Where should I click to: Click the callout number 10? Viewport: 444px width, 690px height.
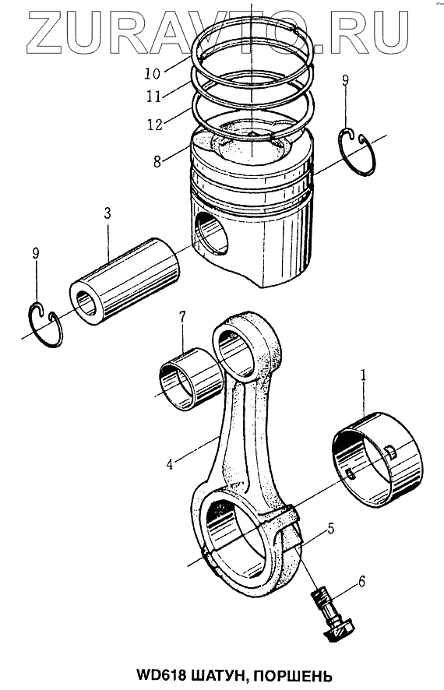153,73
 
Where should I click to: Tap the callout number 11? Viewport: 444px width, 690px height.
154,96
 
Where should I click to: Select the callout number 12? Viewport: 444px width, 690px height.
154,124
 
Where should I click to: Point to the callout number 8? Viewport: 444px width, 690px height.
157,161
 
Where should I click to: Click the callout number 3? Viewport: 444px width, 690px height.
107,214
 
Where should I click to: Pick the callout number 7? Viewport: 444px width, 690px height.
182,317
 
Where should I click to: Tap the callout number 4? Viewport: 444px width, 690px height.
170,463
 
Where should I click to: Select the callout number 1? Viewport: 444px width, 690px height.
364,375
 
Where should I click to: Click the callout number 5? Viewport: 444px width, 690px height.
330,529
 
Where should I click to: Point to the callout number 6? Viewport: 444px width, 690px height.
361,581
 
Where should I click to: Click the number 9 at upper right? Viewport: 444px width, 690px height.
345,80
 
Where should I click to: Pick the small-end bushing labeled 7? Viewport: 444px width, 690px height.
190,379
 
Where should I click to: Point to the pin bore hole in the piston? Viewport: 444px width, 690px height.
211,232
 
